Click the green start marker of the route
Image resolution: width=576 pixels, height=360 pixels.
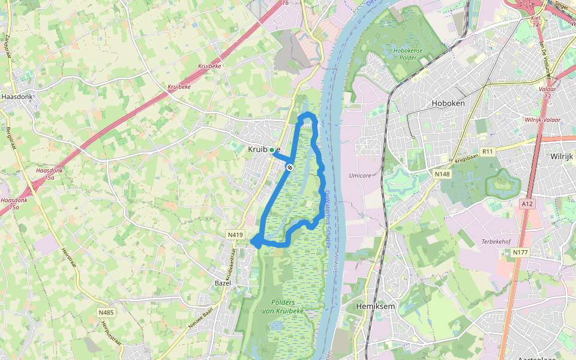click(272, 150)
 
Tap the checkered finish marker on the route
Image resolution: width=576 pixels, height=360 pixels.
click(289, 167)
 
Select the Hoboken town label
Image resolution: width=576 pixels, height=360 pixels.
click(448, 103)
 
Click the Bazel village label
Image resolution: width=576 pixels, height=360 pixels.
click(223, 282)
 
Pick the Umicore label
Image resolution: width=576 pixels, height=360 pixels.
click(360, 176)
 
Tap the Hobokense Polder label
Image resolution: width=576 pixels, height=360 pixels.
click(409, 55)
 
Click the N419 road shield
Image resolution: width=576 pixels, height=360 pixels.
click(235, 235)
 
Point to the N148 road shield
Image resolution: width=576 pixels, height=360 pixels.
click(442, 174)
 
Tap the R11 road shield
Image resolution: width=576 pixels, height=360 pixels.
click(487, 152)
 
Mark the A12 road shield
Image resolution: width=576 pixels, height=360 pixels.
click(527, 204)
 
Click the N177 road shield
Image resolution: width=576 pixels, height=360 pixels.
click(520, 253)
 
